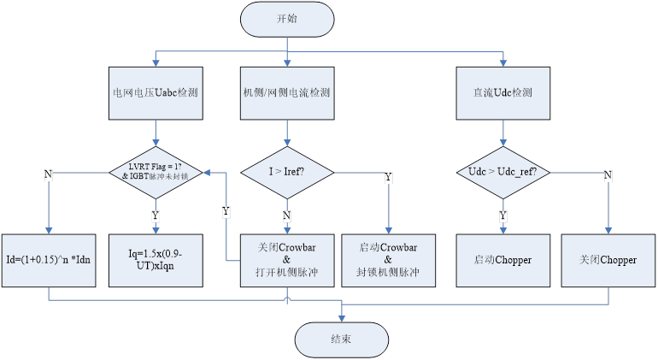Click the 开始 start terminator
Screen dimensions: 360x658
[287, 19]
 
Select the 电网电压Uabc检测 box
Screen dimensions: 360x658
[156, 91]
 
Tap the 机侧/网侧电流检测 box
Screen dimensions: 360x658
[287, 91]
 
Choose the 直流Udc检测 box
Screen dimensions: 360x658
[503, 91]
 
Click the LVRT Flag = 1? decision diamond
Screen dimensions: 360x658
[155, 172]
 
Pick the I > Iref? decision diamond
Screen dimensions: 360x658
[287, 172]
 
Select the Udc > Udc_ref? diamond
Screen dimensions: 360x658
[503, 172]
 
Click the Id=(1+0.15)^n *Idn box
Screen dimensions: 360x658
[50, 259]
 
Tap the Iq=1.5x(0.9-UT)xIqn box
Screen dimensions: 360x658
[156, 259]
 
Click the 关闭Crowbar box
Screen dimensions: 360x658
[287, 259]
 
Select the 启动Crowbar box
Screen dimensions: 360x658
[390, 259]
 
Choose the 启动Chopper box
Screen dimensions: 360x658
[503, 259]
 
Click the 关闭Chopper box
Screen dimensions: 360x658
[608, 259]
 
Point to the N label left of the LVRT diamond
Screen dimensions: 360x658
[49, 174]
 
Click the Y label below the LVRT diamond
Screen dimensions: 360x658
[156, 215]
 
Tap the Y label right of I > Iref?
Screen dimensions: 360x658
[390, 177]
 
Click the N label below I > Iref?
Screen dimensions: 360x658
[287, 215]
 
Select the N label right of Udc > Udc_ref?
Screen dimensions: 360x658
[608, 175]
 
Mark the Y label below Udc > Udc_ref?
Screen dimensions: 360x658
[503, 215]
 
